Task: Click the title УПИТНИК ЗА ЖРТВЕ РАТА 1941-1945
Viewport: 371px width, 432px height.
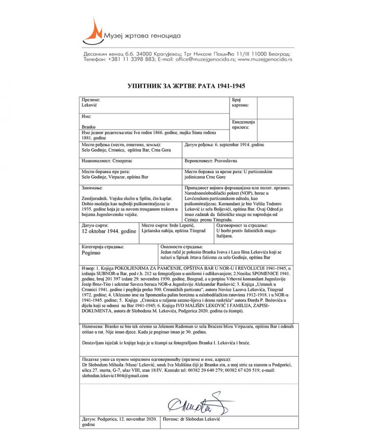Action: click(186, 85)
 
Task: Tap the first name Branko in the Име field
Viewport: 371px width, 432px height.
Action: click(89, 127)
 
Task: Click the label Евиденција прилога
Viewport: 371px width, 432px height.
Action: click(242, 124)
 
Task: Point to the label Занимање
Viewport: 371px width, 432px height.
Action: click(93, 188)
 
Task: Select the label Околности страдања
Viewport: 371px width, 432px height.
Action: click(182, 246)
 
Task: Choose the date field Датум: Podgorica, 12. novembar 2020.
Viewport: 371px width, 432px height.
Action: click(118, 419)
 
